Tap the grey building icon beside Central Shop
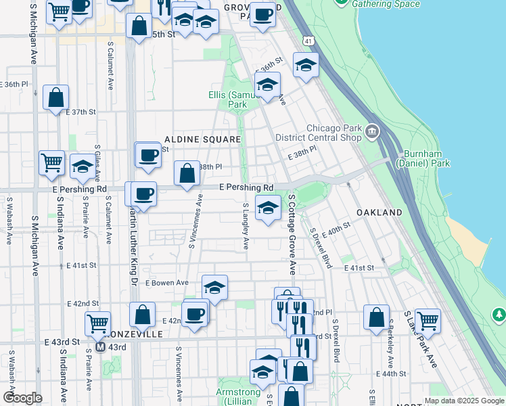(372, 131)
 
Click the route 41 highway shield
(308, 41)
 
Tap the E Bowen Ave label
(166, 282)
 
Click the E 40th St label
(336, 230)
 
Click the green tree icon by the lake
(499, 315)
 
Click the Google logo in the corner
(22, 398)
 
